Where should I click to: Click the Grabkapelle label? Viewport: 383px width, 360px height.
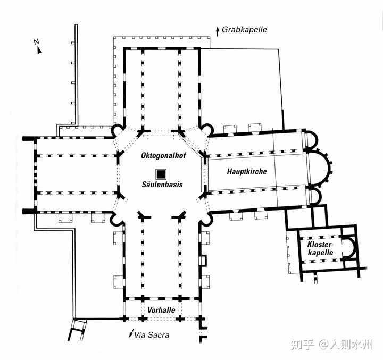click(x=245, y=30)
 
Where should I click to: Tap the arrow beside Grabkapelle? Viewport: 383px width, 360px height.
click(x=217, y=30)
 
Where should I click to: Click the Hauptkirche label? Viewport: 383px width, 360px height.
click(x=246, y=172)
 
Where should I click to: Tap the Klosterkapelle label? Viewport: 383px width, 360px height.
click(x=320, y=248)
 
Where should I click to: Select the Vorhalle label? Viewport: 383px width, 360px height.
click(x=162, y=309)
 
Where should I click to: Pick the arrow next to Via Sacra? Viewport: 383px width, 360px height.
click(x=131, y=334)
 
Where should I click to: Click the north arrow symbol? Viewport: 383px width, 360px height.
click(x=39, y=51)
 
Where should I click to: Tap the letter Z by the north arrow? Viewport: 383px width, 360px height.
click(x=35, y=41)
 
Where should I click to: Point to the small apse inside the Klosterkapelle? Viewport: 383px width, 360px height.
click(x=349, y=247)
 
